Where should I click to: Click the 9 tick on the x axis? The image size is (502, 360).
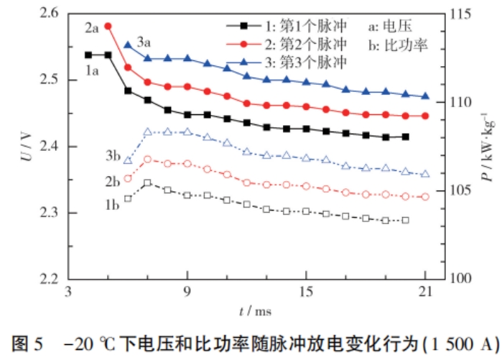point(187,293)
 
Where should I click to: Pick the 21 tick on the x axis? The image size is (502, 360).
point(425,293)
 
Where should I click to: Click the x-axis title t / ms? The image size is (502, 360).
point(255,310)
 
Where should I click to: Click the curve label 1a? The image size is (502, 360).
point(93,70)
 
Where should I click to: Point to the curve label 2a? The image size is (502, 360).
point(91,28)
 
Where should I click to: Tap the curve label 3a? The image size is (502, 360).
point(144,41)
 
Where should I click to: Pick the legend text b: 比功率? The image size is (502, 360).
point(398,44)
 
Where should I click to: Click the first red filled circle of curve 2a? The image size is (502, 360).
point(108,27)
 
